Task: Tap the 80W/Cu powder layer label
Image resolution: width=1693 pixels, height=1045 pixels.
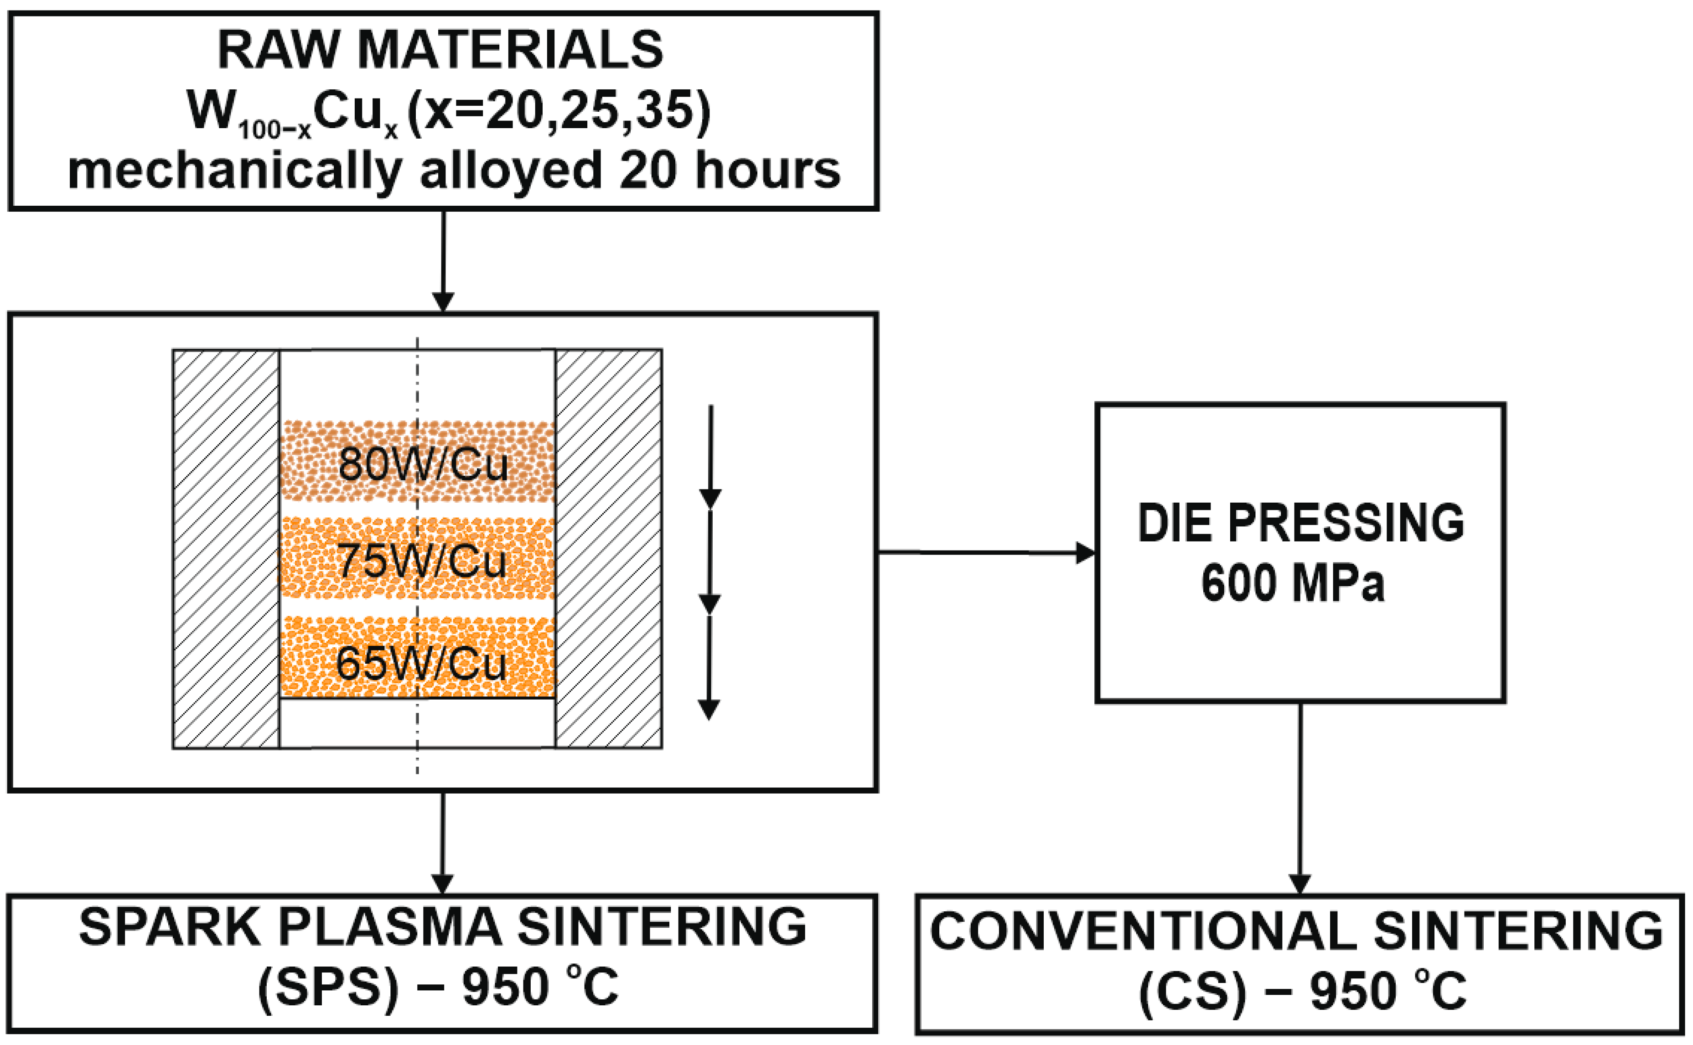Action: point(423,464)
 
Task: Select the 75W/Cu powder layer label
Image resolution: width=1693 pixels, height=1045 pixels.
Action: point(421,561)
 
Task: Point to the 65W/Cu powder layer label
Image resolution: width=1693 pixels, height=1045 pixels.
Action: point(421,664)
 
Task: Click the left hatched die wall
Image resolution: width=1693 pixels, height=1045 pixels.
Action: point(226,550)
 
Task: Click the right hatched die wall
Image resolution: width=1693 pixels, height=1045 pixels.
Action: point(609,550)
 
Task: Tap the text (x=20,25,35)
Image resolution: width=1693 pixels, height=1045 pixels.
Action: point(559,110)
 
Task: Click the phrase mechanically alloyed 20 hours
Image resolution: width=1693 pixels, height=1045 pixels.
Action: point(454,170)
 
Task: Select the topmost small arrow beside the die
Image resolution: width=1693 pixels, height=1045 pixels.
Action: point(711,456)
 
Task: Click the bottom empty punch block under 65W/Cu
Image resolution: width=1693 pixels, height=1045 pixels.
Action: point(417,723)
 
